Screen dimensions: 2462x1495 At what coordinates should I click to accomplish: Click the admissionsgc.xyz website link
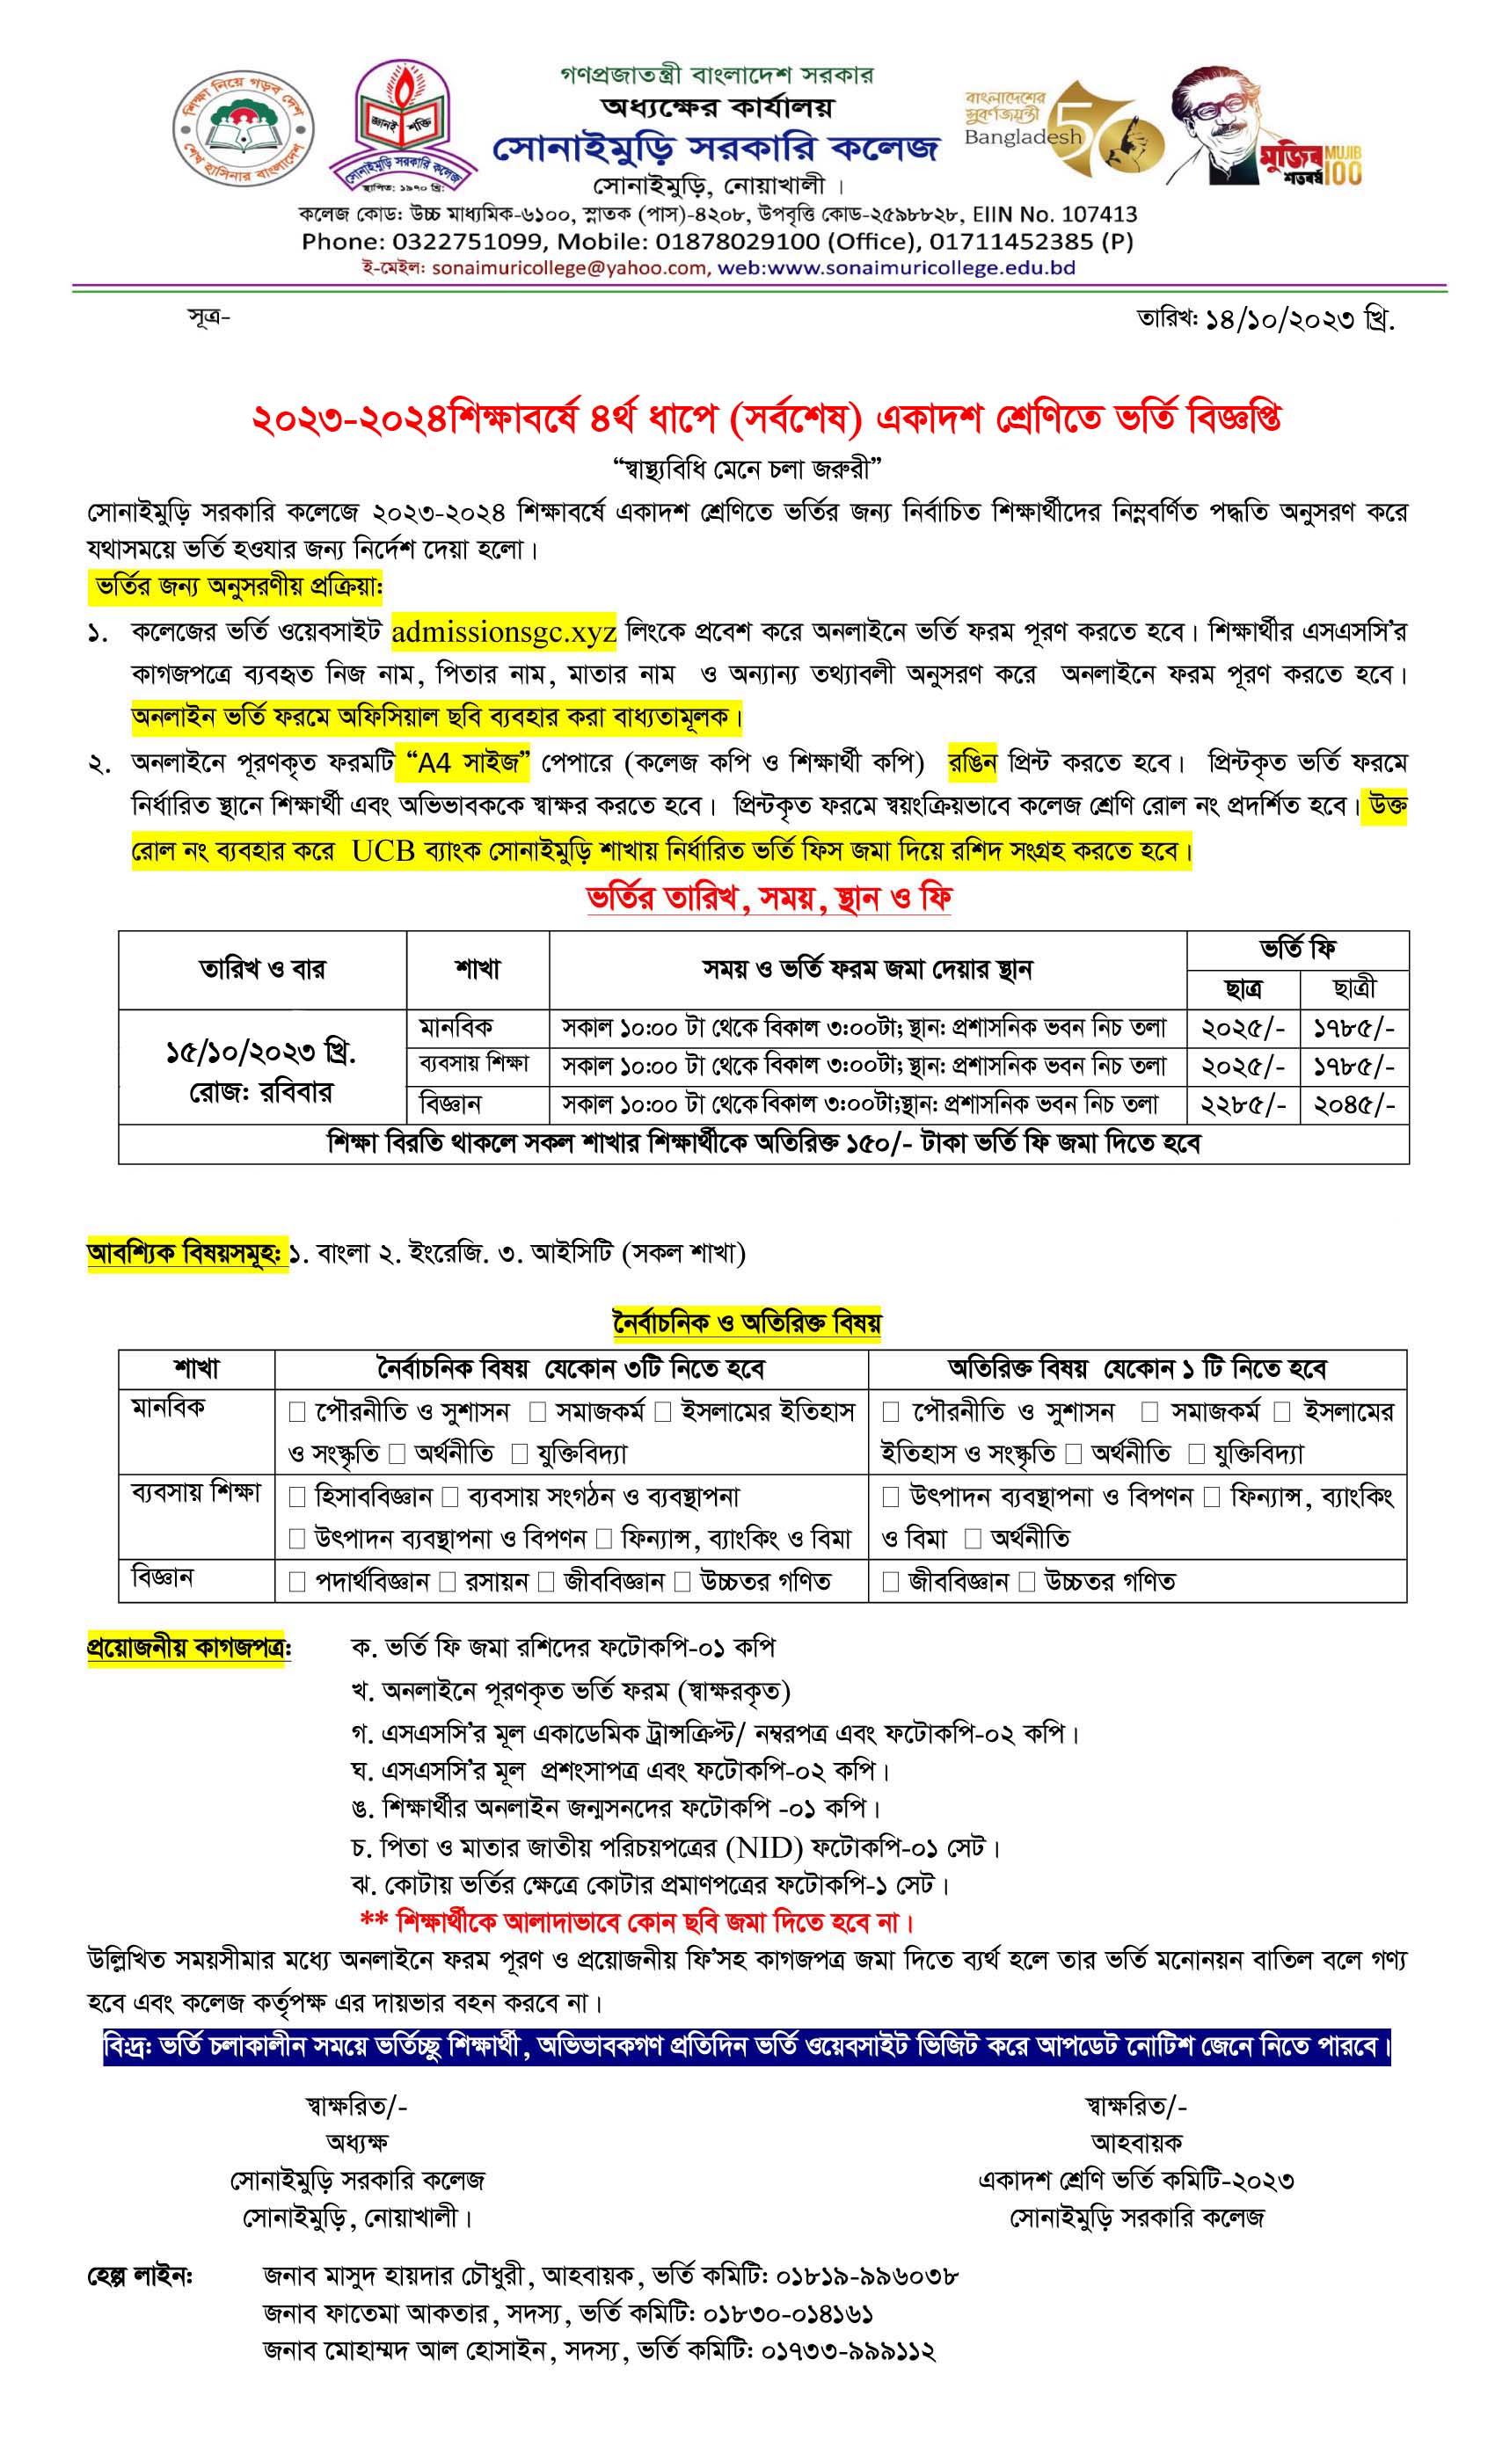click(x=504, y=632)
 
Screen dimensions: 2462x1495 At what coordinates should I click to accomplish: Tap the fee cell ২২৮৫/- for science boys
click(x=1243, y=1105)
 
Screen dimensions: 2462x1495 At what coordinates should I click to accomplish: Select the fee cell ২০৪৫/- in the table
click(x=1353, y=1105)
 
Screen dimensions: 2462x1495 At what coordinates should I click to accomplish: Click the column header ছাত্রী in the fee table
click(x=1354, y=988)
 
